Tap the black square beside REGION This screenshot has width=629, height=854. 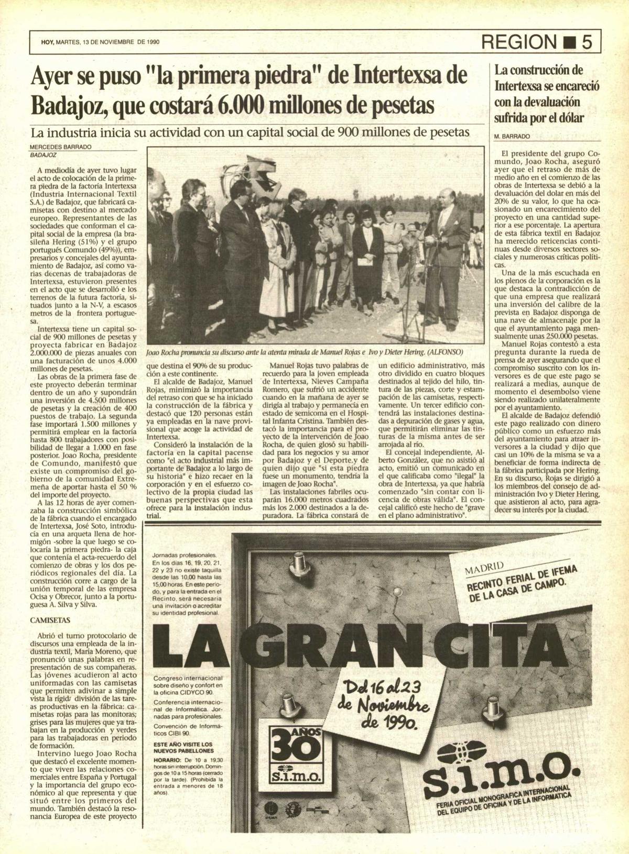pyautogui.click(x=567, y=42)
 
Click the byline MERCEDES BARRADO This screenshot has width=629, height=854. pyautogui.click(x=60, y=147)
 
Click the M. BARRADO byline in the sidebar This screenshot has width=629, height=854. pyautogui.click(x=512, y=136)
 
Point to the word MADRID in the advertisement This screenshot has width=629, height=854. pyautogui.click(x=484, y=568)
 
